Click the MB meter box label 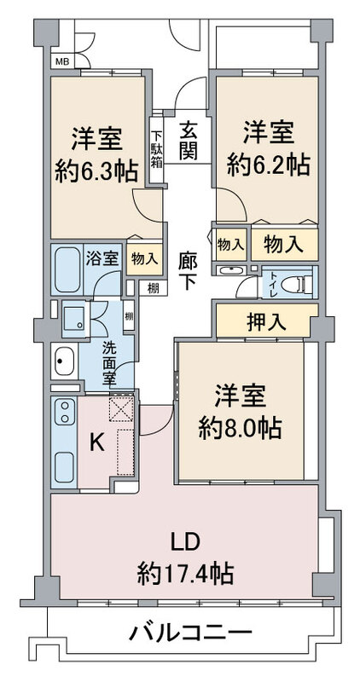click(x=62, y=61)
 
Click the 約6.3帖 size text click(x=96, y=171)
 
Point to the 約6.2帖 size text click(x=268, y=165)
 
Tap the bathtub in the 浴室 click(x=67, y=269)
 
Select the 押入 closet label click(x=267, y=321)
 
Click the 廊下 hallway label click(x=188, y=271)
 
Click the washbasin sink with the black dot click(x=65, y=361)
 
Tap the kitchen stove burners click(x=65, y=412)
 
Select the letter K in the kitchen click(x=96, y=443)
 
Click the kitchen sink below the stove click(x=65, y=467)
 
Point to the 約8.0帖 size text click(x=240, y=430)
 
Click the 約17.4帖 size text click(x=185, y=574)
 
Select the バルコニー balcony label click(x=190, y=632)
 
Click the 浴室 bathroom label click(x=102, y=259)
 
